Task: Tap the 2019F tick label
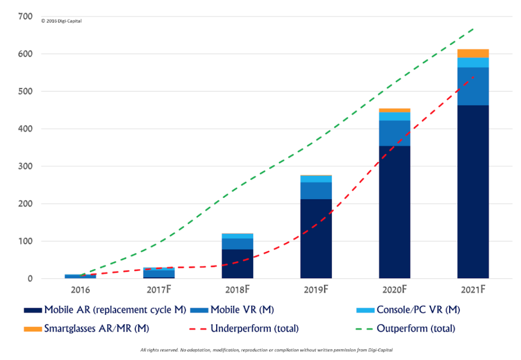(316, 290)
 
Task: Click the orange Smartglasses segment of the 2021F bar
(473, 53)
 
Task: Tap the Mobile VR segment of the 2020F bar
(394, 133)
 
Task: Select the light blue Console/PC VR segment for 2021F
(473, 63)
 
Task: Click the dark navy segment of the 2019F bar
(316, 239)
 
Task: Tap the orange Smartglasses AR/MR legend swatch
(33, 328)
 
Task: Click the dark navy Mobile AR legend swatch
(33, 310)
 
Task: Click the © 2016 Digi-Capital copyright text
(61, 21)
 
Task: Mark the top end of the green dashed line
(474, 28)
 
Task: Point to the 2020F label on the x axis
(394, 290)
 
